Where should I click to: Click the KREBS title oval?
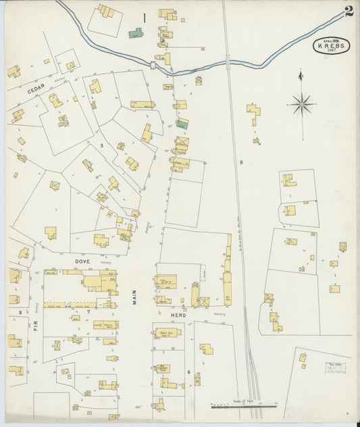click(331, 46)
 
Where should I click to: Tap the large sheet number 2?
click(349, 11)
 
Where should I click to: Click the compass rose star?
click(301, 104)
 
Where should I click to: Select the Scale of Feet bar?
click(244, 407)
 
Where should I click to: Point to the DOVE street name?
click(82, 260)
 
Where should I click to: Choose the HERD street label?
click(178, 315)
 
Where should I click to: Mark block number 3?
click(101, 145)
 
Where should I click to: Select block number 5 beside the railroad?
click(240, 162)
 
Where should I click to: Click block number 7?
click(88, 312)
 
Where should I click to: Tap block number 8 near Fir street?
click(20, 311)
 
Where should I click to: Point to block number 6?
click(189, 372)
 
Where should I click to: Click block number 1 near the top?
click(144, 18)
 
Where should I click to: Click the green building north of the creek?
click(136, 32)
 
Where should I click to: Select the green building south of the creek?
click(182, 124)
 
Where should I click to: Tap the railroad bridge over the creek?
click(228, 64)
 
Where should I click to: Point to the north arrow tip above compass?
click(301, 71)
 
